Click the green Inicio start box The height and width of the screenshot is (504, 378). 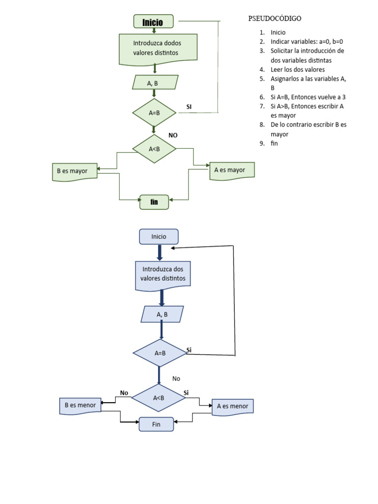tap(154, 22)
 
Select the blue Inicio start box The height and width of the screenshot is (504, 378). tap(158, 237)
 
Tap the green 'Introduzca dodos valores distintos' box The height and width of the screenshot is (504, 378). tap(158, 48)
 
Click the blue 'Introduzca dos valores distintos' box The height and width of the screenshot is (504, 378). tap(163, 274)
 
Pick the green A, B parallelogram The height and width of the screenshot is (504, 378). tap(155, 83)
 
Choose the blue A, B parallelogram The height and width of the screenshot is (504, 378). tap(162, 314)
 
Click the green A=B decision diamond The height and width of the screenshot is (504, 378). tap(155, 113)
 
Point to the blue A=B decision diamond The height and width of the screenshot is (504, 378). tap(159, 353)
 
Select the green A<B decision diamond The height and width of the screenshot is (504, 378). tap(155, 148)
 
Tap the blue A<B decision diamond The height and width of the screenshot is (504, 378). tap(158, 398)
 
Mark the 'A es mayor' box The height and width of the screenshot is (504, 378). tap(232, 170)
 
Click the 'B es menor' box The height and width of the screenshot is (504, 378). tap(80, 406)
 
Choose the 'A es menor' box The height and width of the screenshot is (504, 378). tap(233, 407)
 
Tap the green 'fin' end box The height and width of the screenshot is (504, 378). tap(154, 202)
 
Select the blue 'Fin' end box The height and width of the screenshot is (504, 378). tap(157, 424)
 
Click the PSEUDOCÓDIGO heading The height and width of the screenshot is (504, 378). tap(274, 19)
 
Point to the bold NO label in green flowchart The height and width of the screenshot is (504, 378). tap(173, 135)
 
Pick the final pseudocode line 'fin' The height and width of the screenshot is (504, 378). tap(274, 143)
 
